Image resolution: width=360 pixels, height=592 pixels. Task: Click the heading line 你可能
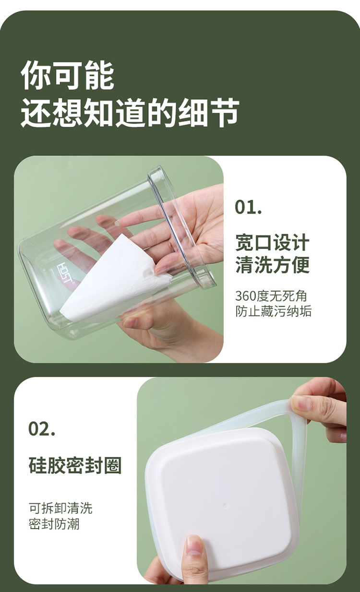pos(67,75)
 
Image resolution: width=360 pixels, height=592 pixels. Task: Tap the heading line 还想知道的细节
pos(130,112)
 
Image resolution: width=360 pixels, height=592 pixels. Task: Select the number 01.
pos(248,207)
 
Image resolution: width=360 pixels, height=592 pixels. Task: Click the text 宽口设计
pos(272,242)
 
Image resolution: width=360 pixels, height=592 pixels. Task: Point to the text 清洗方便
pos(272,265)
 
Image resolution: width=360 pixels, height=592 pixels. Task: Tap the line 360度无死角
pos(271,296)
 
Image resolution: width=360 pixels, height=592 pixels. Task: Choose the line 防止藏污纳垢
pos(273,311)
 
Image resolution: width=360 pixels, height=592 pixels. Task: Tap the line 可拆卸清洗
pos(60,508)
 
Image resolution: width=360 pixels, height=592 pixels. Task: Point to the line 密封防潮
pos(54,523)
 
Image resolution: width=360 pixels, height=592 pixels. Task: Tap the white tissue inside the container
pos(114,277)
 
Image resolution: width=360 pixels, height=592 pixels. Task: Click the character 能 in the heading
pos(100,75)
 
